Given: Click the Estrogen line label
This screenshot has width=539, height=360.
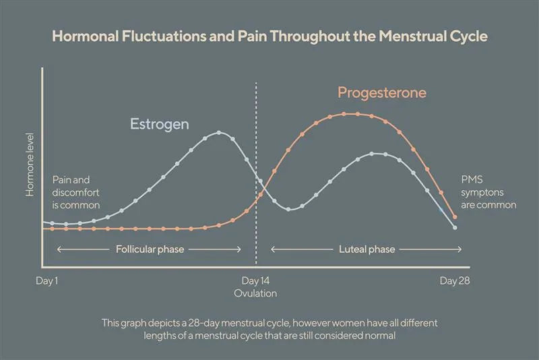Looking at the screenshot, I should (160, 124).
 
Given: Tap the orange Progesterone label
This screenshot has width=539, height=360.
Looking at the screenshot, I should (382, 92).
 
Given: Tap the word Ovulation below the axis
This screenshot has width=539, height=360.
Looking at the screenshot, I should (256, 293).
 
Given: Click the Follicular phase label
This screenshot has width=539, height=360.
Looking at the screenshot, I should (150, 249).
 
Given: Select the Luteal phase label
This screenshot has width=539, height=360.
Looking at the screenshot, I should (367, 249).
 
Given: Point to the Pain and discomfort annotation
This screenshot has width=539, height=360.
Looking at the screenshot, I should (75, 191).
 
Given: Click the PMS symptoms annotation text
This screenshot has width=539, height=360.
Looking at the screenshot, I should (488, 192).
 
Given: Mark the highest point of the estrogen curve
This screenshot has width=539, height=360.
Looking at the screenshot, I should (219, 132).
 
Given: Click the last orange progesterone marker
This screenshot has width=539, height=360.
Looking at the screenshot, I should (455, 217).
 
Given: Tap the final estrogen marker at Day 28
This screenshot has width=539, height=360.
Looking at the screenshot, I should (455, 228).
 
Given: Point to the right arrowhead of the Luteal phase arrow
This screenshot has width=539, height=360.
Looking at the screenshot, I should (460, 249).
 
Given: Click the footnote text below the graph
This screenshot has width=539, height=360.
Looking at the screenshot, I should (269, 329).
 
